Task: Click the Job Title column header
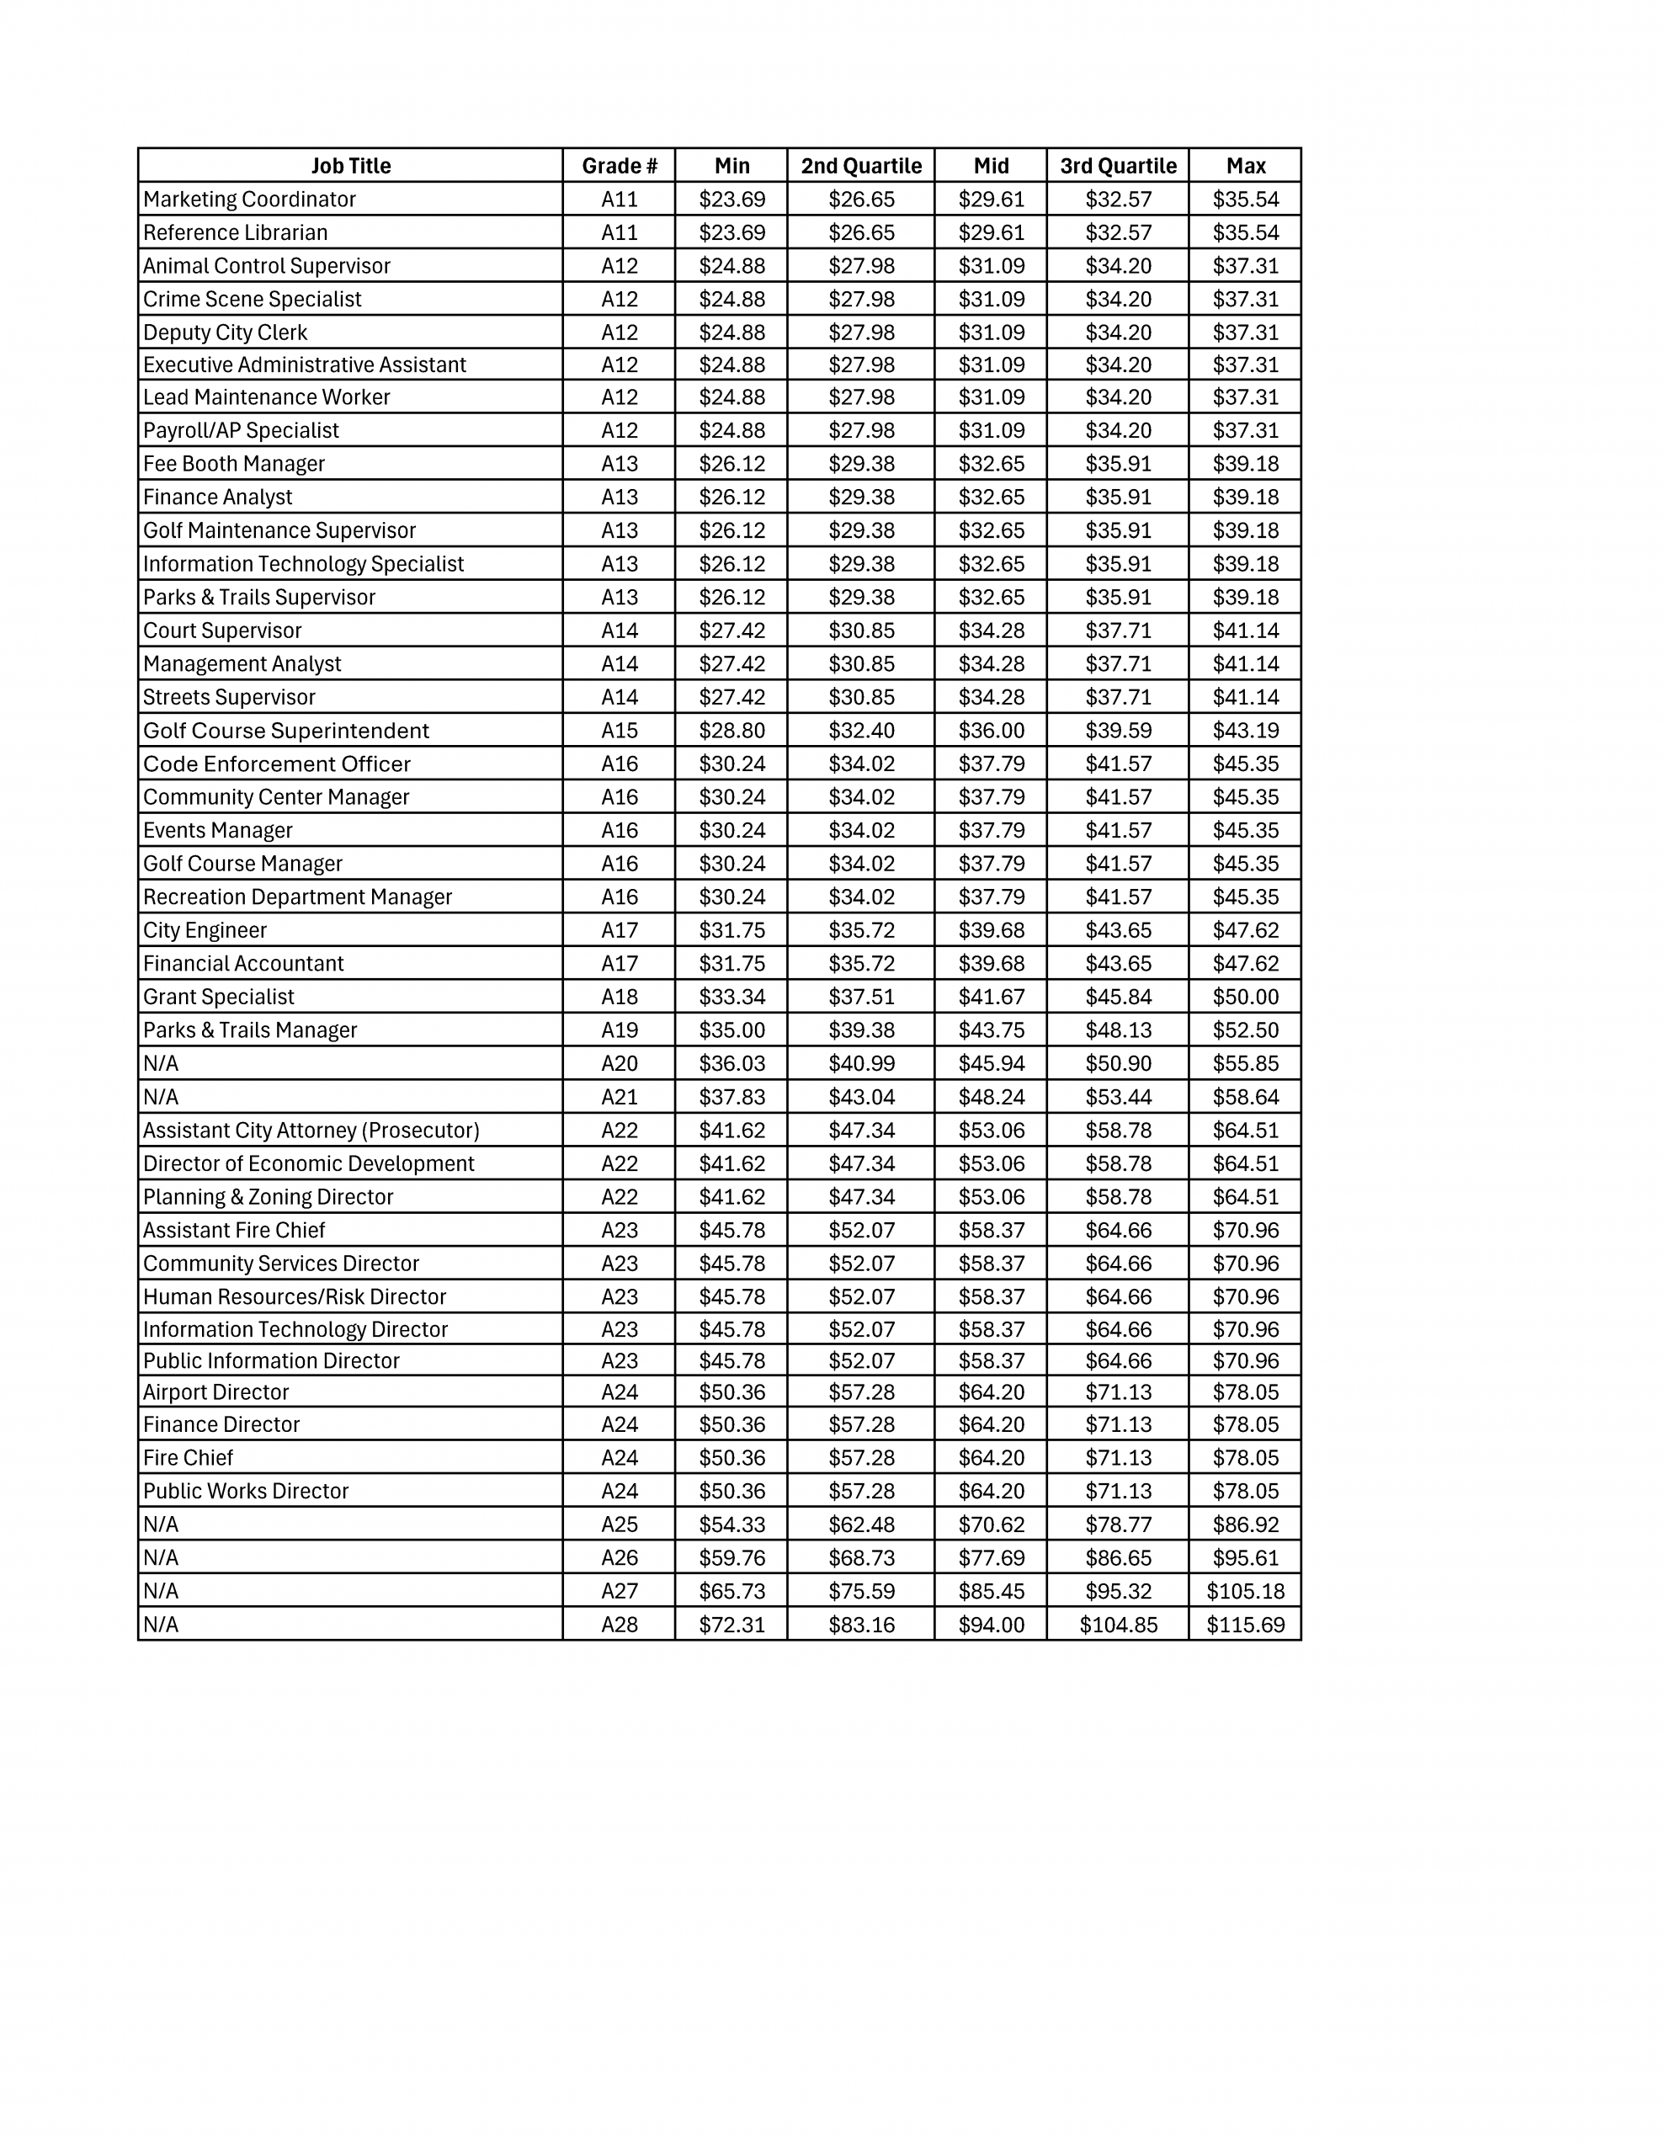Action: pyautogui.click(x=350, y=166)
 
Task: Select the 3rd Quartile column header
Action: pyautogui.click(x=1117, y=166)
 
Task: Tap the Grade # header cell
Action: pyautogui.click(x=619, y=166)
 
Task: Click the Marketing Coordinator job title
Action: pyautogui.click(x=250, y=200)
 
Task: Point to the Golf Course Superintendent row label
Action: pyautogui.click(x=286, y=730)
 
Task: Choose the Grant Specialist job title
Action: pyautogui.click(x=219, y=997)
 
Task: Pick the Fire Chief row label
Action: pyautogui.click(x=189, y=1457)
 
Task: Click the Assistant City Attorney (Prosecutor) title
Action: pyautogui.click(x=311, y=1130)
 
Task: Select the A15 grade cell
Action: pyautogui.click(x=619, y=730)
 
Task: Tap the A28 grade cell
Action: pyautogui.click(x=619, y=1624)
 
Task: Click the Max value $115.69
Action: pyautogui.click(x=1245, y=1624)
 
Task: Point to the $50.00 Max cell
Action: pyautogui.click(x=1245, y=997)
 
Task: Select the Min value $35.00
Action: pyautogui.click(x=731, y=1030)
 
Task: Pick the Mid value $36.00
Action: pyautogui.click(x=991, y=730)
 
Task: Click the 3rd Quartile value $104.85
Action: pyautogui.click(x=1117, y=1624)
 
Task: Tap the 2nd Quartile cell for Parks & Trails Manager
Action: pyautogui.click(x=860, y=1030)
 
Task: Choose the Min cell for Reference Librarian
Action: pyautogui.click(x=731, y=233)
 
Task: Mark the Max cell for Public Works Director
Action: pyautogui.click(x=1245, y=1491)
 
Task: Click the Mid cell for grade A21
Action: pyautogui.click(x=991, y=1096)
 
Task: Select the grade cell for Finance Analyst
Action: pyautogui.click(x=619, y=498)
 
